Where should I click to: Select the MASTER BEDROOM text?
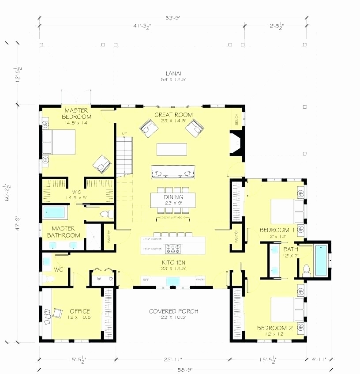(77, 113)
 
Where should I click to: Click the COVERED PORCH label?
(173, 311)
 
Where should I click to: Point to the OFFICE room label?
(79, 311)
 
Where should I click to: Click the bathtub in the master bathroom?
(56, 213)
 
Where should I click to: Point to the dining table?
(173, 200)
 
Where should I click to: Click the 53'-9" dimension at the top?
(173, 19)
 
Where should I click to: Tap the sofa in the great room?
(173, 172)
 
